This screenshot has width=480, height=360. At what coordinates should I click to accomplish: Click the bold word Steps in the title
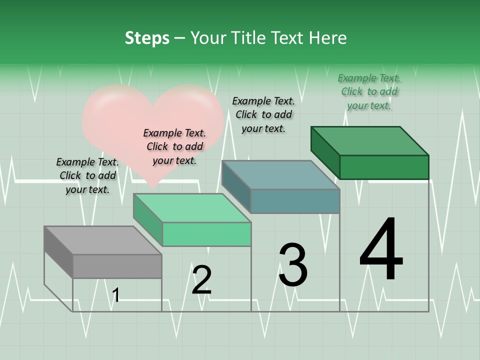click(x=147, y=38)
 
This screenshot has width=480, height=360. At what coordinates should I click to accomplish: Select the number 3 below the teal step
click(x=293, y=265)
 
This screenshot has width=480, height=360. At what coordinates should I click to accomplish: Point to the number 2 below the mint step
click(x=202, y=280)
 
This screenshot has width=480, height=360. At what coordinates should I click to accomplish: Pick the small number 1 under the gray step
click(x=116, y=295)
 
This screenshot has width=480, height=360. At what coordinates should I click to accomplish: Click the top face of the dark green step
click(x=370, y=141)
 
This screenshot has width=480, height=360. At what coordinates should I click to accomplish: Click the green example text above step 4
click(x=369, y=91)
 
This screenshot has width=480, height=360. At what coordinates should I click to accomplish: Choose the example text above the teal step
click(x=263, y=114)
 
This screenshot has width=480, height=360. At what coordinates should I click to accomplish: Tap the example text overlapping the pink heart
click(x=174, y=146)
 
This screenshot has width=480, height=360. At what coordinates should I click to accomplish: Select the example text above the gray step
click(x=87, y=175)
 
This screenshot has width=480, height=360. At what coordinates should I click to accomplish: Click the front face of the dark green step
click(x=384, y=167)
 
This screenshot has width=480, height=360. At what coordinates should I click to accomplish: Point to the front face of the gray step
click(x=117, y=266)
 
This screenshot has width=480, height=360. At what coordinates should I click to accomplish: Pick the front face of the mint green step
click(x=206, y=234)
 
